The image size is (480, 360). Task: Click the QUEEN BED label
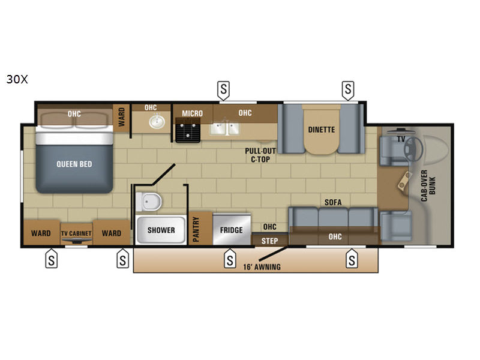[x=74, y=164]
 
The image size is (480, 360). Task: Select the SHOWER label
[x=161, y=230]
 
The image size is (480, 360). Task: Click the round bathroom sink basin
[x=157, y=122]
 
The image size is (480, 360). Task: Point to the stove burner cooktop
[x=188, y=131]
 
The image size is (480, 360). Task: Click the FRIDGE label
[x=232, y=230]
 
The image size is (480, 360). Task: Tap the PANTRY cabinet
[x=200, y=229]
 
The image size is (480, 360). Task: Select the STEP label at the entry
[x=269, y=241]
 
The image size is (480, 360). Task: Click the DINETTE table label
[x=322, y=130]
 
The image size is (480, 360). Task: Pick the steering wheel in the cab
[x=413, y=148]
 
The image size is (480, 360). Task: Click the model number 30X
[x=17, y=79]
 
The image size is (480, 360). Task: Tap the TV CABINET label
[x=76, y=233]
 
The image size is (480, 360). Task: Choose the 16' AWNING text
[x=262, y=267]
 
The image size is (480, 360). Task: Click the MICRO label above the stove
[x=192, y=113]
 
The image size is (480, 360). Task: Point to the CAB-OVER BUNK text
[x=428, y=185]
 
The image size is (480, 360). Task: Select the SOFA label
[x=333, y=202]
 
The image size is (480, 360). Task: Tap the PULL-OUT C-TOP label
[x=260, y=155]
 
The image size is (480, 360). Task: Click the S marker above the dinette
[x=348, y=89]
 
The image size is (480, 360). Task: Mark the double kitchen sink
[x=224, y=128]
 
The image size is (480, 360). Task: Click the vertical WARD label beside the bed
[x=122, y=116]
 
